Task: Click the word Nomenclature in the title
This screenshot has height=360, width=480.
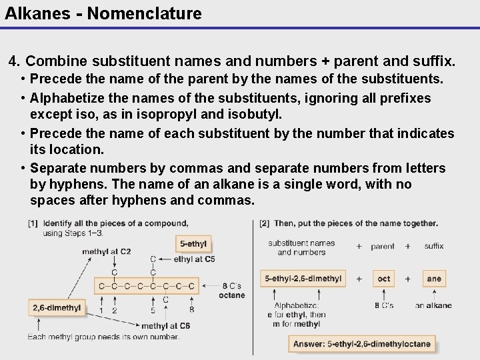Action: click(x=147, y=13)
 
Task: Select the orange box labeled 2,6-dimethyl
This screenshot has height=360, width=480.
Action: click(x=57, y=308)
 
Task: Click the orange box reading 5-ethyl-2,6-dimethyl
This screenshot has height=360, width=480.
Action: click(x=303, y=279)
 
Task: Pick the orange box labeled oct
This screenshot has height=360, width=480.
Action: click(x=383, y=279)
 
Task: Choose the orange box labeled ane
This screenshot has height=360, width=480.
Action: click(x=434, y=279)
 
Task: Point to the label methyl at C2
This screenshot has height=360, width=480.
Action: click(x=107, y=252)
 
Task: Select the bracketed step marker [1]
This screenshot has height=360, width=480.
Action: click(x=33, y=223)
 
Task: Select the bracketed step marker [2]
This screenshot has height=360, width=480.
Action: click(x=265, y=223)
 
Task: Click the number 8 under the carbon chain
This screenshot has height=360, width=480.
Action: click(x=192, y=310)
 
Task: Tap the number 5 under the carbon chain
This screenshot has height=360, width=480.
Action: click(x=153, y=310)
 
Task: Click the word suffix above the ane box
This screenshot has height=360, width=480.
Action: click(x=434, y=246)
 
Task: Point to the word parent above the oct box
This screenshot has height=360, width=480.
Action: click(x=383, y=246)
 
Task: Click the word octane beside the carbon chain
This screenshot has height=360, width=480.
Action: click(x=232, y=295)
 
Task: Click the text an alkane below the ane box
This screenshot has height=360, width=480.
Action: click(x=433, y=305)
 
